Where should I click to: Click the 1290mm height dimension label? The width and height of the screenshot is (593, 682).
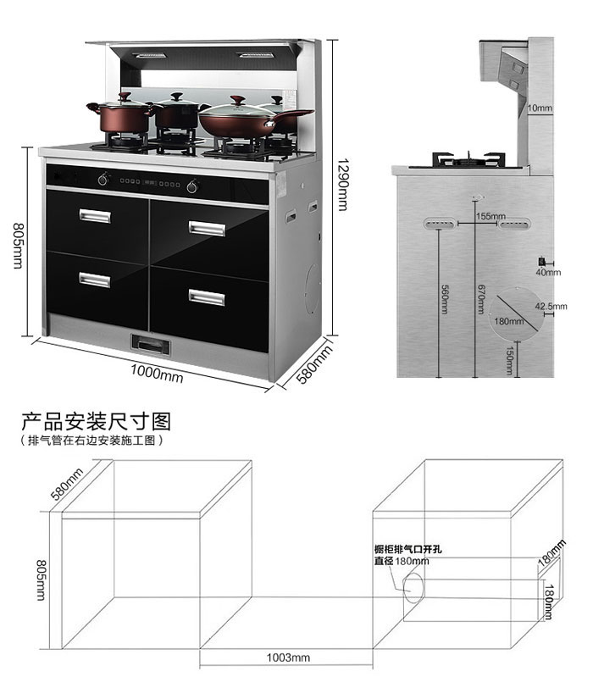coord(343,184)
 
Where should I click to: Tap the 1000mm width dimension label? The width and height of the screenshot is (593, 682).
coord(157,374)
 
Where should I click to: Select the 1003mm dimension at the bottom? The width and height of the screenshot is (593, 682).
coord(288,657)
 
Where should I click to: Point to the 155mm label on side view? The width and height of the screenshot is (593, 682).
coord(490,216)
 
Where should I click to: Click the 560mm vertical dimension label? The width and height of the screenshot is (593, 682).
coord(445,299)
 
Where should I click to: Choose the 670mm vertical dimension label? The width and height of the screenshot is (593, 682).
coord(480,299)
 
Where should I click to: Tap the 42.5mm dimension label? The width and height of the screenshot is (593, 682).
coord(551,306)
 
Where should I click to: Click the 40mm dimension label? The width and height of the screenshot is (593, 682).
coord(548,272)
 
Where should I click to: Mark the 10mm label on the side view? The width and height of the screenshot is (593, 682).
coord(540,108)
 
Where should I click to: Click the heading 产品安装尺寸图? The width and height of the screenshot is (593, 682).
coord(96,421)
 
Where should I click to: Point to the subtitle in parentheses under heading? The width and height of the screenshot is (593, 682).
coord(91,441)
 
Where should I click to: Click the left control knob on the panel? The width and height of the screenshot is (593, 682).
coord(103,179)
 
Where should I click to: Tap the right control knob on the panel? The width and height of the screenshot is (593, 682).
coord(192,186)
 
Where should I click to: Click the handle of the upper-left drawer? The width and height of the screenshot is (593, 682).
coord(95,216)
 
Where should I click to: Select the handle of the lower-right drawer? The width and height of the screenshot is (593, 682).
coord(207,298)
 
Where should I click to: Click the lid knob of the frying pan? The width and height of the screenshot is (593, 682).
coord(237,101)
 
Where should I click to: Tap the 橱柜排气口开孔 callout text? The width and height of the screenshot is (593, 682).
coord(407,549)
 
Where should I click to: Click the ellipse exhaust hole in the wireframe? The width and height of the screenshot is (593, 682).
coord(404,588)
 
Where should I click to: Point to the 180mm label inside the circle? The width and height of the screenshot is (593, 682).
coord(509,321)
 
